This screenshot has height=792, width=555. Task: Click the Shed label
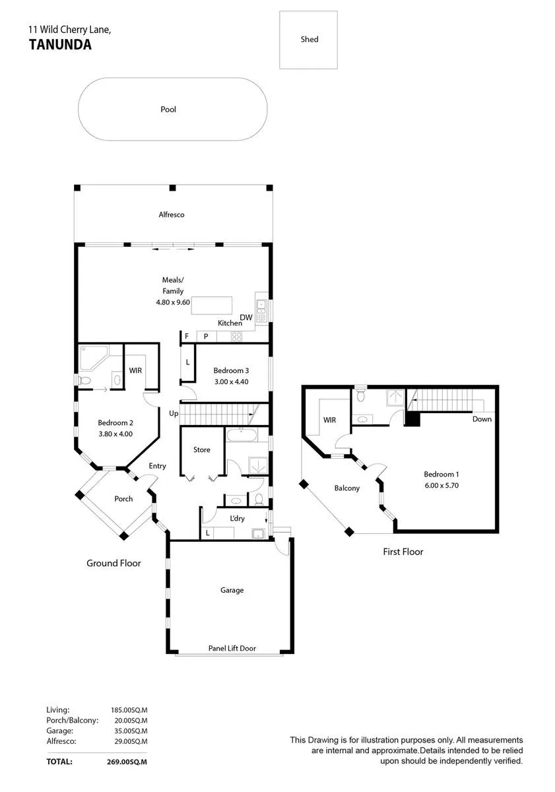click(x=310, y=39)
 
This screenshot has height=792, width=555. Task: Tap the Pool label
click(x=168, y=110)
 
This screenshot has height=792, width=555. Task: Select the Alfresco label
click(x=172, y=214)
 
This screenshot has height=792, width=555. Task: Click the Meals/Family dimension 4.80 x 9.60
click(x=173, y=302)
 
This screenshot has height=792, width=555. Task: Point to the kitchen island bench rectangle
click(x=212, y=306)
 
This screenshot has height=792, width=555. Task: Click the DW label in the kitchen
click(x=246, y=317)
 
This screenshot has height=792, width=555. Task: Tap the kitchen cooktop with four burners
click(x=236, y=337)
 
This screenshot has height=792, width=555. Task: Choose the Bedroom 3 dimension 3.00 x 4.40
click(x=231, y=381)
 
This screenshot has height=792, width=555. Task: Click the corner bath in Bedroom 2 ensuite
click(x=94, y=358)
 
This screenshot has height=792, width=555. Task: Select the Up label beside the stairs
click(x=174, y=413)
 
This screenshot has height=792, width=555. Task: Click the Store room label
click(x=201, y=449)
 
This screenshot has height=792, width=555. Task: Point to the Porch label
click(x=123, y=498)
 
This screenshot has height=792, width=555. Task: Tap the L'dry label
click(x=237, y=518)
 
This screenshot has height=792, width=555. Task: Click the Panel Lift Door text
click(x=232, y=648)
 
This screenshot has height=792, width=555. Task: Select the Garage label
click(x=232, y=590)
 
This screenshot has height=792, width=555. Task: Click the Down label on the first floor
click(x=482, y=419)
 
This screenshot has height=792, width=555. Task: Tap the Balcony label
click(x=346, y=488)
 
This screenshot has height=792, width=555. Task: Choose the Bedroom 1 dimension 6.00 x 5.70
click(x=441, y=485)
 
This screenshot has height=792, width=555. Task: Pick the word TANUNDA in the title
click(x=60, y=45)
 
